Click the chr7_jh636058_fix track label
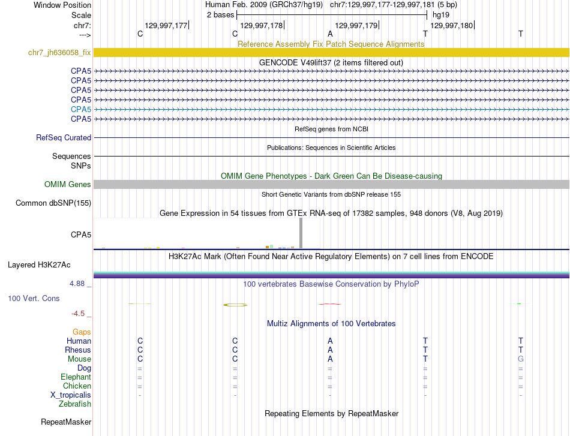59,53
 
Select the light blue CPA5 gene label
81,109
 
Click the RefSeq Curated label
64,138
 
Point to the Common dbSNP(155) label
53,203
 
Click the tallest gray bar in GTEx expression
301,233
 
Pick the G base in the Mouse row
520,359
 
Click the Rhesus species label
78,350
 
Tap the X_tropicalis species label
71,395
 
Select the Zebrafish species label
76,404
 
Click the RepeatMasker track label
66,422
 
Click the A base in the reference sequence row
330,34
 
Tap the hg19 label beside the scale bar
441,14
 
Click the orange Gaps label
82,332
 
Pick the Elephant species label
76,377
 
